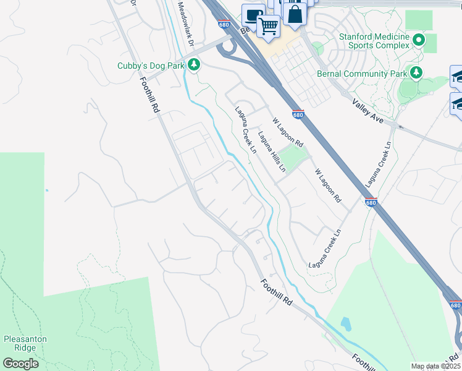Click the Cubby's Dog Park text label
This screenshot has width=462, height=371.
tap(151, 66)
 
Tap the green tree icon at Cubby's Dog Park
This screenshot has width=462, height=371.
tap(194, 64)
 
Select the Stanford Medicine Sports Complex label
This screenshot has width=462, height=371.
tap(374, 41)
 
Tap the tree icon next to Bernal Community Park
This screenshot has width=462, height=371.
tap(416, 74)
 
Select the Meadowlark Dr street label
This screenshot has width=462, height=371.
tap(186, 25)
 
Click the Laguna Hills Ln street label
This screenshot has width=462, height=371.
tap(272, 151)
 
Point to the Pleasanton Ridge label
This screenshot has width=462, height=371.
tap(25, 344)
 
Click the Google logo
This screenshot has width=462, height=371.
tap(20, 363)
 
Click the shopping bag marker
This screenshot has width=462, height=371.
tap(295, 13)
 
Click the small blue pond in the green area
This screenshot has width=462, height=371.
tap(344, 323)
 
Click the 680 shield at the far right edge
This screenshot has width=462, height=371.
tap(455, 305)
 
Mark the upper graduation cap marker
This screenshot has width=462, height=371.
tap(458, 76)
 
